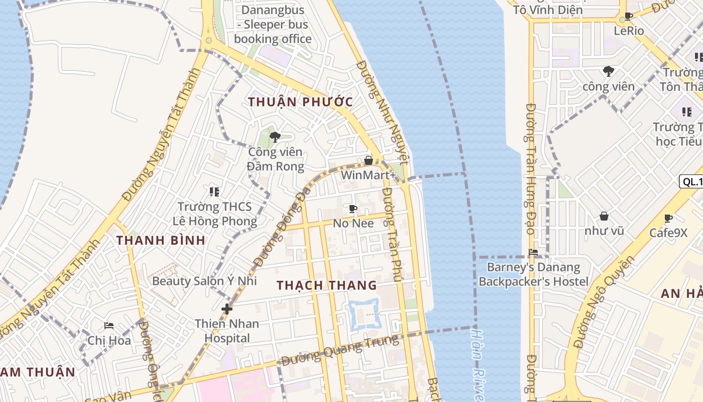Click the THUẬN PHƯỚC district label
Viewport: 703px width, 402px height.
pyautogui.click(x=300, y=102)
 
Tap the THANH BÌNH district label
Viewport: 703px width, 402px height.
pyautogui.click(x=161, y=240)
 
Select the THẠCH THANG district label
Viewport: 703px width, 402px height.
pyautogui.click(x=326, y=285)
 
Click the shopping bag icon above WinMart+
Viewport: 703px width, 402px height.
pyautogui.click(x=368, y=160)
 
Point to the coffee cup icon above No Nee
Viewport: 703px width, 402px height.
pyautogui.click(x=353, y=208)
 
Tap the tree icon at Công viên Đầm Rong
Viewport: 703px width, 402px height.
pyautogui.click(x=275, y=137)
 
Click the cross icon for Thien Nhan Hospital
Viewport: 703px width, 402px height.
pyautogui.click(x=227, y=309)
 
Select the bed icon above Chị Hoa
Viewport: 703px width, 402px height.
pyautogui.click(x=108, y=326)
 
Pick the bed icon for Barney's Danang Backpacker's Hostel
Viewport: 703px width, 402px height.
pyautogui.click(x=533, y=252)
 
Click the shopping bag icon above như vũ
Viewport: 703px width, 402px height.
pyautogui.click(x=604, y=216)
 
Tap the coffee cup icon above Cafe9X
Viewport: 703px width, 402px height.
pyautogui.click(x=668, y=218)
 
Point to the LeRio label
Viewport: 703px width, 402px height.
pyautogui.click(x=629, y=31)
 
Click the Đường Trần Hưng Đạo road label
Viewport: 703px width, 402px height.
pyautogui.click(x=530, y=168)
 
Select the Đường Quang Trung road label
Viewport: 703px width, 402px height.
pyautogui.click(x=340, y=350)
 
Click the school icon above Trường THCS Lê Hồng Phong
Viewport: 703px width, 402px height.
pyautogui.click(x=214, y=191)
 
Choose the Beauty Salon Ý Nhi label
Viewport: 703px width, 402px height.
pyautogui.click(x=204, y=280)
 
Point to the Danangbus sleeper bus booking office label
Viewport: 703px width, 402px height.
pyautogui.click(x=273, y=24)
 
